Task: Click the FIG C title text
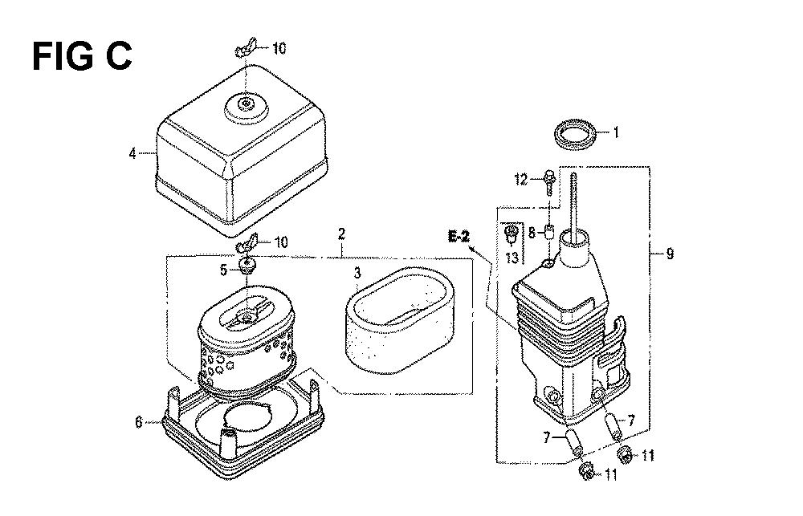pyautogui.click(x=82, y=56)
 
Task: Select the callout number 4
pyautogui.click(x=132, y=153)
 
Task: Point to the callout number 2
pyautogui.click(x=341, y=234)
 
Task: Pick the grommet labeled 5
pyautogui.click(x=247, y=265)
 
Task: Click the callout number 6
pyautogui.click(x=138, y=422)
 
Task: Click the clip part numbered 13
pyautogui.click(x=511, y=234)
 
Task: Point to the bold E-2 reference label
pyautogui.click(x=459, y=236)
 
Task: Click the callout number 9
pyautogui.click(x=670, y=254)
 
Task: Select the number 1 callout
pyautogui.click(x=616, y=132)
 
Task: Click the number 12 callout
pyautogui.click(x=521, y=180)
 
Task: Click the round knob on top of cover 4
pyautogui.click(x=247, y=105)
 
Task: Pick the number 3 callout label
pyautogui.click(x=357, y=272)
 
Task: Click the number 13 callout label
pyautogui.click(x=512, y=257)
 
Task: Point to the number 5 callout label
pyautogui.click(x=224, y=270)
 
